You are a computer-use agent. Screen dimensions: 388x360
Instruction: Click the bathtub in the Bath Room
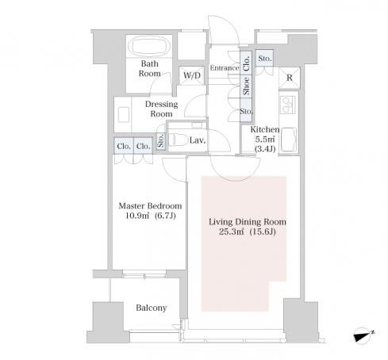click(x=149, y=45)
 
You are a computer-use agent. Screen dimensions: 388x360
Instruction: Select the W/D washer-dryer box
click(x=192, y=75)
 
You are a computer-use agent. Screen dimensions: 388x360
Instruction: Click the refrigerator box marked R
click(x=290, y=78)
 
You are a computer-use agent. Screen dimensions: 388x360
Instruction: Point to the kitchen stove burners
click(x=288, y=105)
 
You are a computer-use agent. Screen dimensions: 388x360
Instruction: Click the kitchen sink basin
click(x=289, y=139)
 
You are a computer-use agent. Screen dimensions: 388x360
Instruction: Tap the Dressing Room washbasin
click(x=124, y=114)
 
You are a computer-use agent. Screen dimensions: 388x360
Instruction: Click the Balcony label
click(x=152, y=308)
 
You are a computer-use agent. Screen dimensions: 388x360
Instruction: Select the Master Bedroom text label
click(x=150, y=206)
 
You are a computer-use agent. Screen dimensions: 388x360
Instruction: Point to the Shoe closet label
click(x=247, y=86)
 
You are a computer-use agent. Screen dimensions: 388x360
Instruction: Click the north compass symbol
click(x=363, y=335)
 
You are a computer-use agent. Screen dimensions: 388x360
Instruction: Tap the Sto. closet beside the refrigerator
click(x=264, y=59)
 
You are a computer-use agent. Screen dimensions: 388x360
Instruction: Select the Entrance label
click(x=225, y=68)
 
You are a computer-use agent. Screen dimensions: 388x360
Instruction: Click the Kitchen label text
click(x=265, y=130)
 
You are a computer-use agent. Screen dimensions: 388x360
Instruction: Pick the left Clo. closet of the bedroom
click(x=124, y=146)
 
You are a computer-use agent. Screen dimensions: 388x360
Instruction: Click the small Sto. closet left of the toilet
click(x=161, y=141)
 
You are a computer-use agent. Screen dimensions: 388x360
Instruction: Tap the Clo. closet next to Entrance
click(x=247, y=63)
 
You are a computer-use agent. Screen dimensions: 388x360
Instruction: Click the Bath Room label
click(x=149, y=68)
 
